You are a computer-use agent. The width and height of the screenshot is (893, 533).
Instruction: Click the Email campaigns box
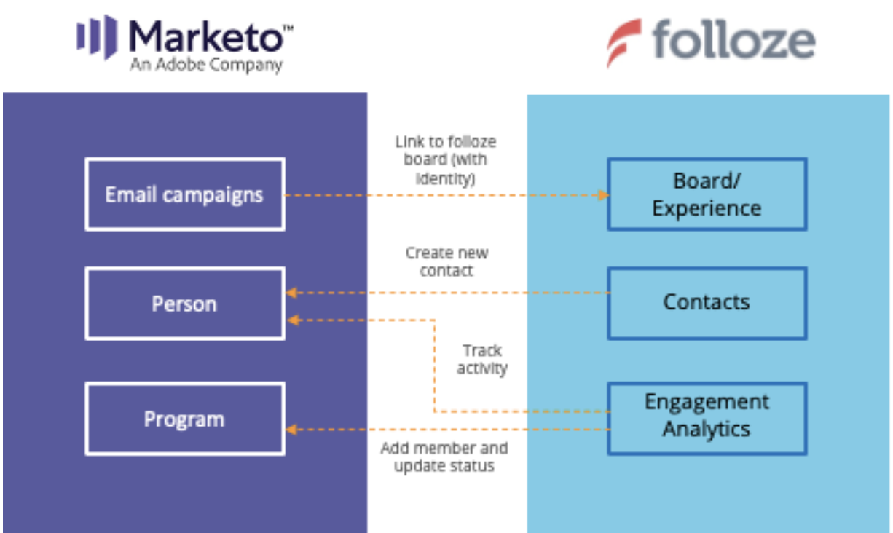click(x=184, y=194)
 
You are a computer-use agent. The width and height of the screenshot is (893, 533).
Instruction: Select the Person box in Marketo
click(x=184, y=303)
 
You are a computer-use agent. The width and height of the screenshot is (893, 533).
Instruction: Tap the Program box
click(x=184, y=419)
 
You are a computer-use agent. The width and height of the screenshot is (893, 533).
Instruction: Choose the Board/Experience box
click(x=707, y=194)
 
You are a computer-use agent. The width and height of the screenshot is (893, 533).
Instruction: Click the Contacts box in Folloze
click(x=707, y=302)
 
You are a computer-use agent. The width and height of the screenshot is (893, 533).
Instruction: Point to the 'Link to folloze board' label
click(x=446, y=159)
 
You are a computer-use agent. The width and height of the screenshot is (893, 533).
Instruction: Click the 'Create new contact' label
click(x=446, y=262)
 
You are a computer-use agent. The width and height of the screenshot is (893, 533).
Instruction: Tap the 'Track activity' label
click(x=481, y=360)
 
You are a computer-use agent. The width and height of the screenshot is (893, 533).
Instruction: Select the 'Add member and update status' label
click(x=444, y=457)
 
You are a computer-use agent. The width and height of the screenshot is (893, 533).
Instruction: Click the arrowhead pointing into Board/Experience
click(x=603, y=195)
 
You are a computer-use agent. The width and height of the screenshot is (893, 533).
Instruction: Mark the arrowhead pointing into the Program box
click(x=291, y=430)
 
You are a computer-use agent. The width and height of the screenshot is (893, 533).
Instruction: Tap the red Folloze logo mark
click(x=623, y=43)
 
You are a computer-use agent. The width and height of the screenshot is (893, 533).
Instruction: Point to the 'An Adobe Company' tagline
click(x=206, y=66)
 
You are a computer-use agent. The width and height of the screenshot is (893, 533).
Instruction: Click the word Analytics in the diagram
click(x=707, y=429)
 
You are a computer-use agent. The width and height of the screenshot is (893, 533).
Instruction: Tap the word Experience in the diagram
click(x=707, y=208)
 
